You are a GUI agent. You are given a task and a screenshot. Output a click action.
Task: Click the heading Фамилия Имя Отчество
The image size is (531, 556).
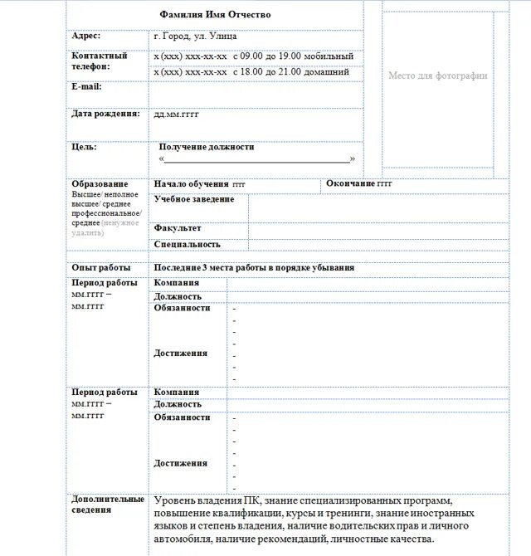[x=215, y=15]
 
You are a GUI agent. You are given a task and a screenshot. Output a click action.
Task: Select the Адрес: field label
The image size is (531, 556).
[x=86, y=36]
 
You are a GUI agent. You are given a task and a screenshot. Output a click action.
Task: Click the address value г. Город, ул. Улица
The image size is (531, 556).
[x=195, y=37]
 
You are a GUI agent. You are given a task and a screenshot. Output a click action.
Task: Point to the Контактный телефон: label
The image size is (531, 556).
[x=100, y=61]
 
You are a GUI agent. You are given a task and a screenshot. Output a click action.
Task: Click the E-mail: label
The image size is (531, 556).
[x=86, y=86]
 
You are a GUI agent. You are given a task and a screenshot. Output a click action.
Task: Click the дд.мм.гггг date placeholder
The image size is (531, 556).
[x=177, y=115]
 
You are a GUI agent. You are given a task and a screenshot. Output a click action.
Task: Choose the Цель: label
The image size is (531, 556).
[x=84, y=147]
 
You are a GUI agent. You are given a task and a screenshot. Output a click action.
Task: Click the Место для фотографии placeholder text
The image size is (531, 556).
[x=438, y=76]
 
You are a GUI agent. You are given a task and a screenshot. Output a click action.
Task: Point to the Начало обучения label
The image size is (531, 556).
[x=192, y=183]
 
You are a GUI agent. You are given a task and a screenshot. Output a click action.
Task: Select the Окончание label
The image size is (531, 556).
[x=351, y=183]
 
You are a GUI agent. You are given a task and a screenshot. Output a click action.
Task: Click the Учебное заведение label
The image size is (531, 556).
[x=194, y=199]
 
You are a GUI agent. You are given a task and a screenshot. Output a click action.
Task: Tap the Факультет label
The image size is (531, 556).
[x=178, y=228]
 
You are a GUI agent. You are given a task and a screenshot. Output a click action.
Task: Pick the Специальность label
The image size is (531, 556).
[x=187, y=245]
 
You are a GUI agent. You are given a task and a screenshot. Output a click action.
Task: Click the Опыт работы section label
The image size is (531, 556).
[x=101, y=268]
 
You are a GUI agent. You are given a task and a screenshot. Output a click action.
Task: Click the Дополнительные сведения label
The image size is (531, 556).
[x=108, y=505]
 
